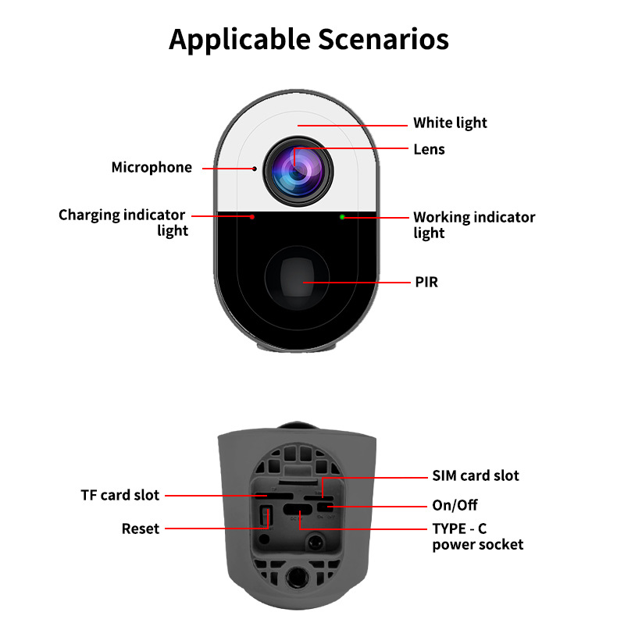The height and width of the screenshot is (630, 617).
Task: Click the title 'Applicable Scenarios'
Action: tap(308, 39)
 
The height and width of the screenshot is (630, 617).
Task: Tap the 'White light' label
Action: tap(450, 123)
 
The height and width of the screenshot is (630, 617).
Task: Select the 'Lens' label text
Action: tap(429, 148)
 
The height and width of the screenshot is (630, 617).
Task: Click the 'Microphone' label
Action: tap(152, 167)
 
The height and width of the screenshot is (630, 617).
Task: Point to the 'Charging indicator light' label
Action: tap(123, 222)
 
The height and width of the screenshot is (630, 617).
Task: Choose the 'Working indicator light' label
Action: tap(474, 225)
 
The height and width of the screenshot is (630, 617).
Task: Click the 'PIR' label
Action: tap(426, 282)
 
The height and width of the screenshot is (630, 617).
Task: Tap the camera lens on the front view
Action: tap(298, 166)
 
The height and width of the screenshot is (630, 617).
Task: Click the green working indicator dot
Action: tap(342, 216)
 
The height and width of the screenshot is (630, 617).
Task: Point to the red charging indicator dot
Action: tap(251, 216)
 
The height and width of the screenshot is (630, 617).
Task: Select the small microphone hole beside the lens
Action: tap(254, 168)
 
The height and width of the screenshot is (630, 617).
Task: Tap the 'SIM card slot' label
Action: tap(476, 475)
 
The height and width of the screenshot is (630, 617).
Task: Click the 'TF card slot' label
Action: tap(120, 495)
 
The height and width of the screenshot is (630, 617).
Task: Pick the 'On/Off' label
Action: tap(455, 505)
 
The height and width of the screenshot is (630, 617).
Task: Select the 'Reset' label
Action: tap(141, 529)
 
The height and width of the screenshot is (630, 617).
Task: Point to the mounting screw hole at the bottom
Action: tap(297, 578)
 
